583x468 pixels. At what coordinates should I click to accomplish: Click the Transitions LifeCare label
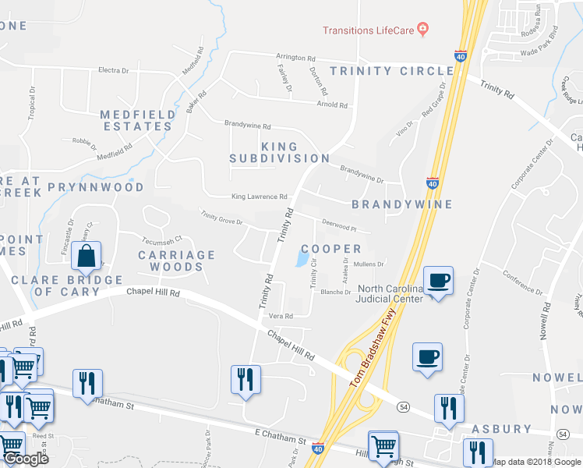[369, 30]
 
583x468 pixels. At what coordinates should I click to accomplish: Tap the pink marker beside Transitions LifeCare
[423, 30]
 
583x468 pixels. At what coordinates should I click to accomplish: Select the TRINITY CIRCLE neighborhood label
[392, 71]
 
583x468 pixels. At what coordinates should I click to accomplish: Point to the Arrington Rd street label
[295, 58]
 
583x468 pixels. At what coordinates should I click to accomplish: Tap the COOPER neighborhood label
[331, 249]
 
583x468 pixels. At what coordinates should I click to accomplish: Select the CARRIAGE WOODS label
[176, 261]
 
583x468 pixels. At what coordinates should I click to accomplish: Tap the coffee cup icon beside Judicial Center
[438, 280]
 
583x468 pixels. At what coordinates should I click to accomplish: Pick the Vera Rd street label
[280, 317]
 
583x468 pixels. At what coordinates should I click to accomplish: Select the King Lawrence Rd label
[259, 197]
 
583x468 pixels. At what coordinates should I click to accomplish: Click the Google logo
[26, 459]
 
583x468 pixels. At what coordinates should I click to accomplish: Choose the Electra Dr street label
[113, 70]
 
